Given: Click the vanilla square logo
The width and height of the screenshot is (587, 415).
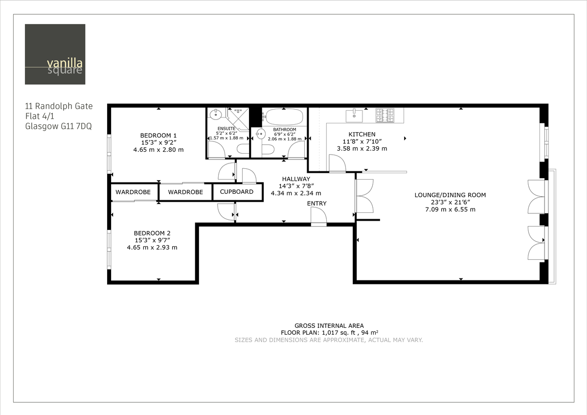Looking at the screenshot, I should [x=55, y=54].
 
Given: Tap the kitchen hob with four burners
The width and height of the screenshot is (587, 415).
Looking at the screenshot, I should [x=385, y=115].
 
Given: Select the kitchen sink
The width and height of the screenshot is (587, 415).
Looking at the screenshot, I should [x=354, y=115].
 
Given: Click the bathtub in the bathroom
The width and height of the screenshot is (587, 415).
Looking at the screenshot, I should [x=284, y=117].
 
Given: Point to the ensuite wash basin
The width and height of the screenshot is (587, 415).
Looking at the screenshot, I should [x=215, y=115].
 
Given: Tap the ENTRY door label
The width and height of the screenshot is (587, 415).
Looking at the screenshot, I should [x=316, y=204].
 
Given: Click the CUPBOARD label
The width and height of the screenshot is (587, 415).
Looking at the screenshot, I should [x=237, y=192].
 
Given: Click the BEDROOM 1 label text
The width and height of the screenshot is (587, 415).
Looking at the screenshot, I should [x=158, y=136].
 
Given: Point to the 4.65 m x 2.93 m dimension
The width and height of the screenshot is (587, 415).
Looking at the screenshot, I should [x=152, y=248].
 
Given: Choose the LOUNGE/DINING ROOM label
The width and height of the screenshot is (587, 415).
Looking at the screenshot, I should [x=450, y=195].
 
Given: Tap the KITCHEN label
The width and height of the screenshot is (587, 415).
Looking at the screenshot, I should [x=362, y=134].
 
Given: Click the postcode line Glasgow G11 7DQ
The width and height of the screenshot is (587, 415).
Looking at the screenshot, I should [x=58, y=126].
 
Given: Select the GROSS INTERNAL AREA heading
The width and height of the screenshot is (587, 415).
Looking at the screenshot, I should [x=329, y=325].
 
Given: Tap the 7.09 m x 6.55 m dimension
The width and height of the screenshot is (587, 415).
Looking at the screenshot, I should [x=450, y=209].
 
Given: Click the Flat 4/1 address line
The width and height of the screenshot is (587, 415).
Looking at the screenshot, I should [x=42, y=116].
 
